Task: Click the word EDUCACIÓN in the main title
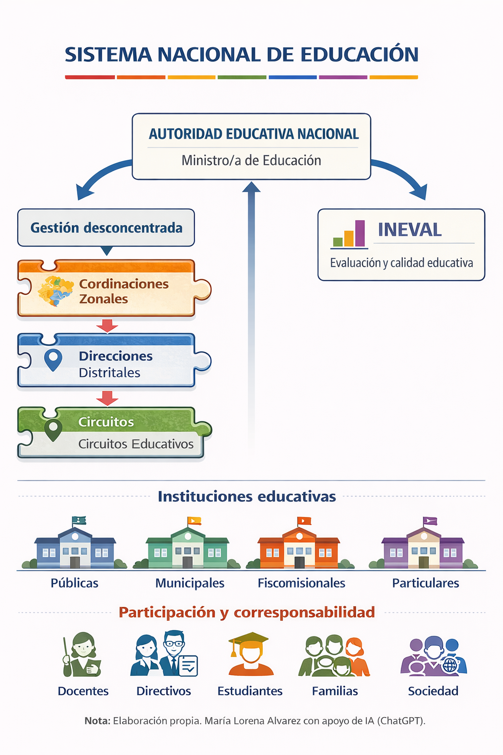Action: coord(359,54)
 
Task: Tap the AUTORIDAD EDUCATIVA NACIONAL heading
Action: coord(253,134)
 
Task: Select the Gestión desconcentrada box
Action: coord(106,228)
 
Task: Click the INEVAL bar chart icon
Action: coord(349,234)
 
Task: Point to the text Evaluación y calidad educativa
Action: coord(401,262)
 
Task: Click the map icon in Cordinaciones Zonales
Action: coord(56,291)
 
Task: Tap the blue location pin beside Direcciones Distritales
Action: coord(53,360)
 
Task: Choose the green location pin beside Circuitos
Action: coord(53,430)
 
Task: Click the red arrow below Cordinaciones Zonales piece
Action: coord(107,326)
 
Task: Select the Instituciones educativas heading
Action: coord(247,496)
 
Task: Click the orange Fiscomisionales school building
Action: coord(299,543)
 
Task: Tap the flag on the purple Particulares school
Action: coord(429,521)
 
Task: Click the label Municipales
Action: coord(190,583)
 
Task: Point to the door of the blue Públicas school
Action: coord(75,562)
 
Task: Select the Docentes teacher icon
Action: coord(82,654)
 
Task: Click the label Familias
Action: coord(335,691)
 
